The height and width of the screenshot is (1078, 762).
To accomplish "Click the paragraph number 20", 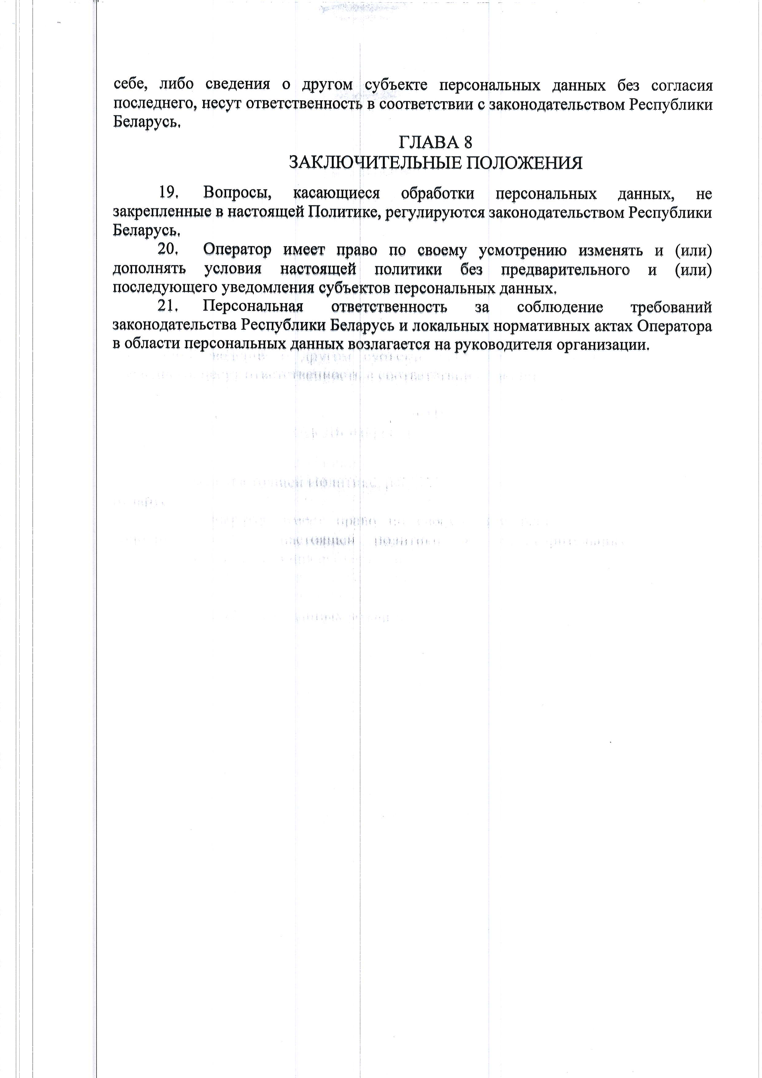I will tap(168, 249).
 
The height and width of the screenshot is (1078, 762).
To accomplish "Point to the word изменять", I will tap(610, 250).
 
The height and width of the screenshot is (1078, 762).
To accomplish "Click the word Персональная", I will tap(253, 307).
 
